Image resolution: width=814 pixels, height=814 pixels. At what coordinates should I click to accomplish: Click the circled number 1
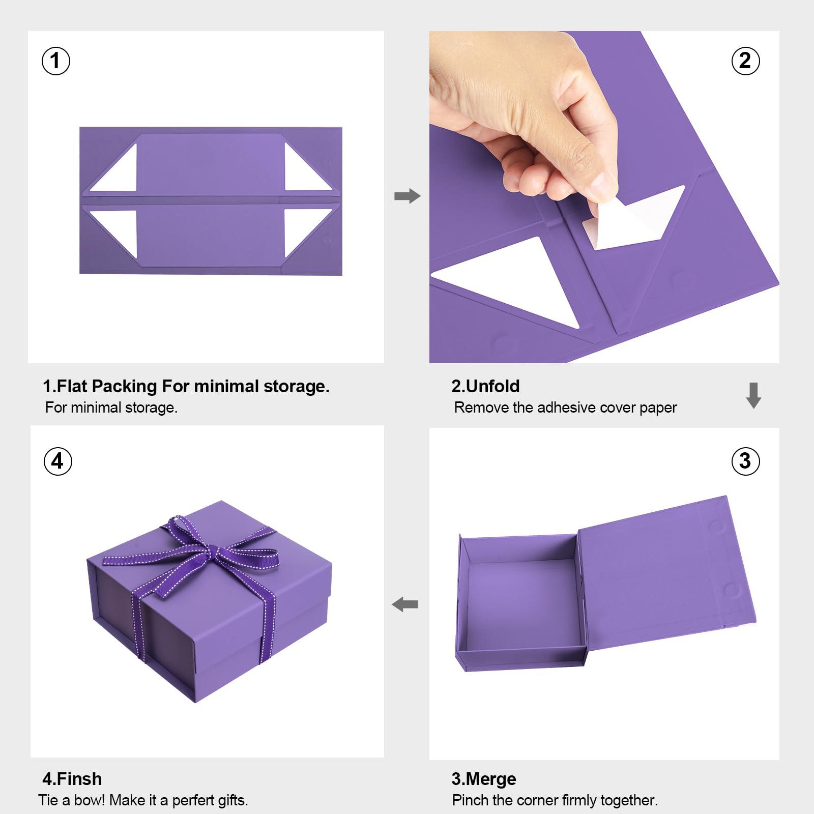click(55, 61)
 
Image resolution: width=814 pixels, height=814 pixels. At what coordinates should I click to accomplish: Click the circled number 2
click(745, 61)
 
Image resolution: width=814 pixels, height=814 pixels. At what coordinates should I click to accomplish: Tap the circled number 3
click(745, 461)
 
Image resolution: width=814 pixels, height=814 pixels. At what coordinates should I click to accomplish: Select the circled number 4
click(57, 461)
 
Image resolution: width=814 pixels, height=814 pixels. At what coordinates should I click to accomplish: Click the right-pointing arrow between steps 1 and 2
click(407, 196)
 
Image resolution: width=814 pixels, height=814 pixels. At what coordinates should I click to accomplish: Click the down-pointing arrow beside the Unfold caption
click(753, 395)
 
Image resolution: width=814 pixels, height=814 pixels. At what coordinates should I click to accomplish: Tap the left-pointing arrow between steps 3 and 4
click(405, 604)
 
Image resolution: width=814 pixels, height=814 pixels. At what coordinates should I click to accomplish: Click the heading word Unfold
click(492, 386)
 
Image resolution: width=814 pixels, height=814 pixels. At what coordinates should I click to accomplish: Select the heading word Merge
click(490, 779)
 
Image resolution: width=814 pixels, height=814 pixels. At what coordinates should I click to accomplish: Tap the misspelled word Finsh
click(79, 779)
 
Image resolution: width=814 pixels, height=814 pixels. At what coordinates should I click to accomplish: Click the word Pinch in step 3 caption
click(470, 800)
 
